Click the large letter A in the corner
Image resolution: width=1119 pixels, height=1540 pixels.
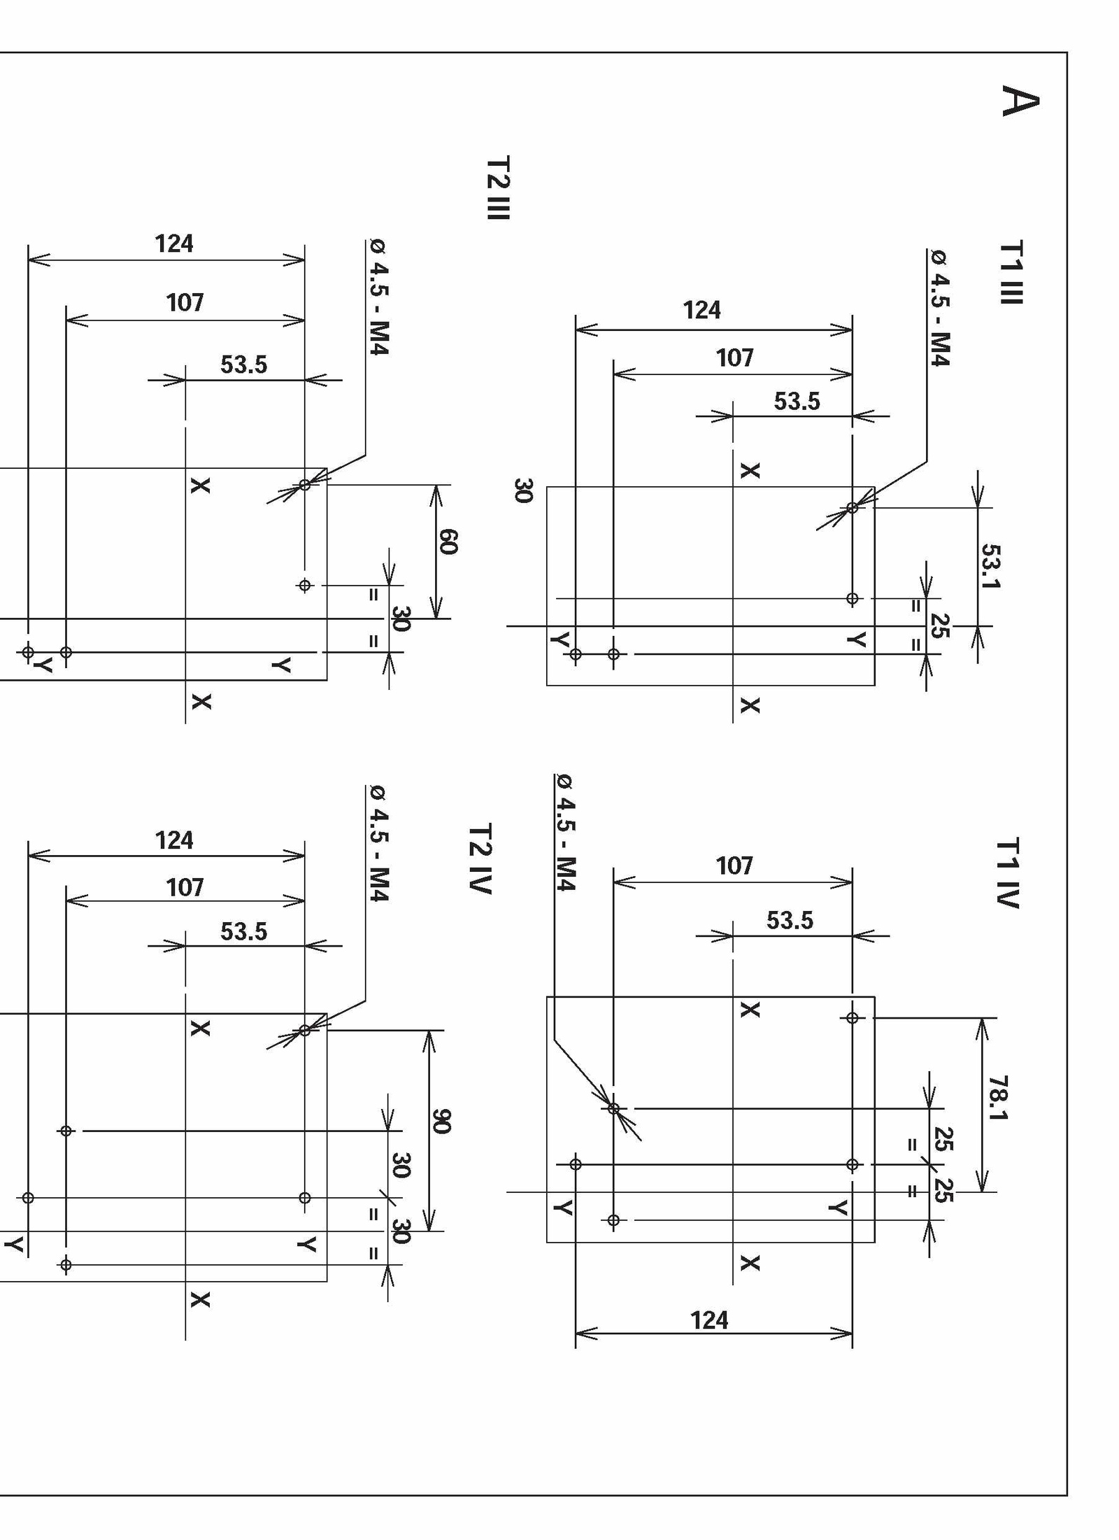tap(1020, 101)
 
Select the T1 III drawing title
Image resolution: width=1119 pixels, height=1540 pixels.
tap(1011, 273)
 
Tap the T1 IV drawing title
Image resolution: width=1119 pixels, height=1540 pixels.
tap(1008, 873)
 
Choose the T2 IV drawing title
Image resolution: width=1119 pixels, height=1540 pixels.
tap(480, 859)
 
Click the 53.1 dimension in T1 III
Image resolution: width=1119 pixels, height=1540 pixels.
tap(991, 566)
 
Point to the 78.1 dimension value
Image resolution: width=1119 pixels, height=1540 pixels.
tap(998, 1098)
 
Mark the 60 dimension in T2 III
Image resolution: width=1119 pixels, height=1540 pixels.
tap(448, 542)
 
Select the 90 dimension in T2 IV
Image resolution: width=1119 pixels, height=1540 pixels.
tap(441, 1121)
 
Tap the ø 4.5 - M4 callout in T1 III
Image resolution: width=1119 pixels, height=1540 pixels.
tap(939, 308)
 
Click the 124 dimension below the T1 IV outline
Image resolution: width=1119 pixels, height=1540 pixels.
tap(709, 1320)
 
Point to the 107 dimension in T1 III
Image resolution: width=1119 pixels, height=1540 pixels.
tap(734, 358)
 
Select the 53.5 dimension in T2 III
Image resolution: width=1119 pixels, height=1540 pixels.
tap(243, 365)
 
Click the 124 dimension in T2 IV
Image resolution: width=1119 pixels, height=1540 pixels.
tap(174, 840)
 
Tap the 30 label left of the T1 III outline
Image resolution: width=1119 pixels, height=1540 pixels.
tap(523, 490)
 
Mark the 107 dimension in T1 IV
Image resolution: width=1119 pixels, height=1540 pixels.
tap(734, 866)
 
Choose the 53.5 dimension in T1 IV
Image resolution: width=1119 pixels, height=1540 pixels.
tap(790, 920)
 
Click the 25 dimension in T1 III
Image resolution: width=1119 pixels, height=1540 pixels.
tap(941, 626)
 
